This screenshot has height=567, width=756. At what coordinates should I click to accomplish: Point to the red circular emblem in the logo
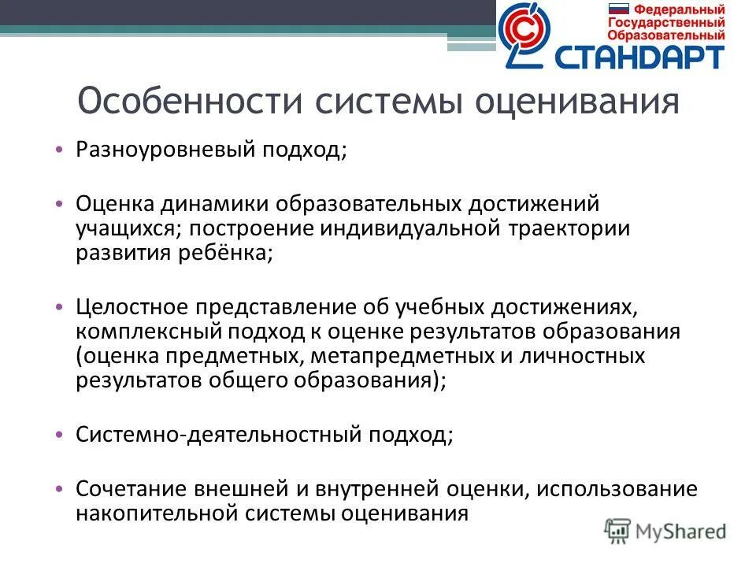point(522,32)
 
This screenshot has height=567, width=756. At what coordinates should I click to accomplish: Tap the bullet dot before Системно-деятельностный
point(61,435)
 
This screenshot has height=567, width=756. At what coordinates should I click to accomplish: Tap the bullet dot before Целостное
point(61,306)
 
